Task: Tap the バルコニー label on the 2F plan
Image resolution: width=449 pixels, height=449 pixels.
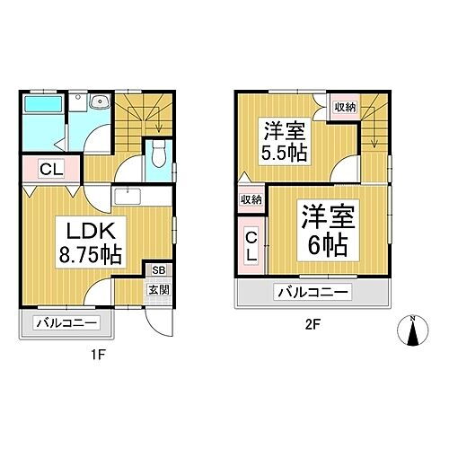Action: tap(313, 292)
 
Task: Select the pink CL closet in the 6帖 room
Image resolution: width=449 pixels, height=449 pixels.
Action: tap(252, 244)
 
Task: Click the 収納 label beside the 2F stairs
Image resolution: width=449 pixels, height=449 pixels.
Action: tap(345, 107)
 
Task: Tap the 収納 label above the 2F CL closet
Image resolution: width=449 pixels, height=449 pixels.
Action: tap(251, 199)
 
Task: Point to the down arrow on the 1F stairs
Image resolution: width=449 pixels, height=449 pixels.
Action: tap(158, 126)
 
